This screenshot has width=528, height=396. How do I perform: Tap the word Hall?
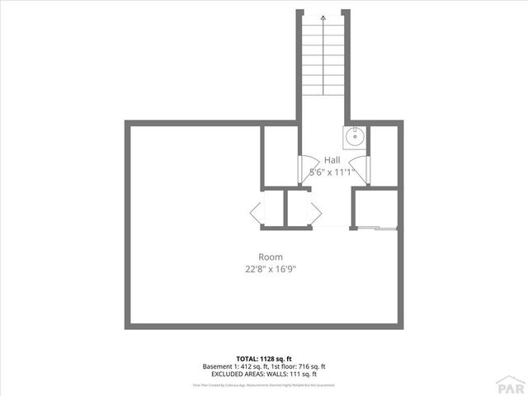pos(332,160)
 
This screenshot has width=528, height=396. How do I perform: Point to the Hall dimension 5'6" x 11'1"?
pos(331,173)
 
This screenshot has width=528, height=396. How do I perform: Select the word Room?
pos(271,257)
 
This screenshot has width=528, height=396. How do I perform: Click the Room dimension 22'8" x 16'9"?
pos(271,269)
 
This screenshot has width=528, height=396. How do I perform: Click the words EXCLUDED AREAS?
pos(236,375)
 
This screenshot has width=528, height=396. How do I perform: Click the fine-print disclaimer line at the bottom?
pos(264,384)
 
